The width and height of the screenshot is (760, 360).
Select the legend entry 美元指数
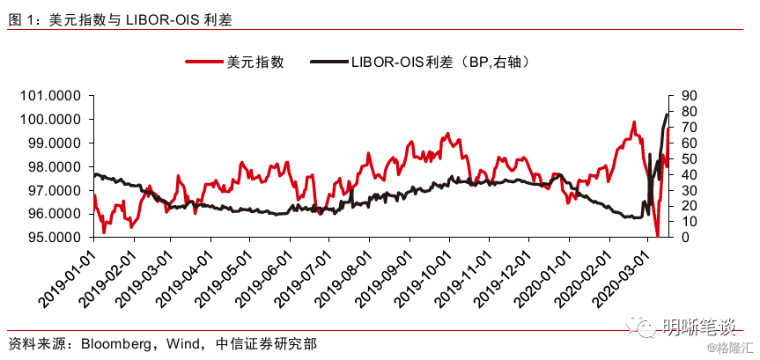click(234, 62)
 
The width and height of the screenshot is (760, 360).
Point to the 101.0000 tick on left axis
click(50, 97)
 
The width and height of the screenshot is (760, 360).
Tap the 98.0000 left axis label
click(50, 167)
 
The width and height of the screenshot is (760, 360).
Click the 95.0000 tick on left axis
click(50, 238)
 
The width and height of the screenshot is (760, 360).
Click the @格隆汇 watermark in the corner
click(732, 348)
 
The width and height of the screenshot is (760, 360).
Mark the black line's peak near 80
click(667, 114)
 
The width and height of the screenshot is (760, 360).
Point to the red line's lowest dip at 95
click(657, 236)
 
